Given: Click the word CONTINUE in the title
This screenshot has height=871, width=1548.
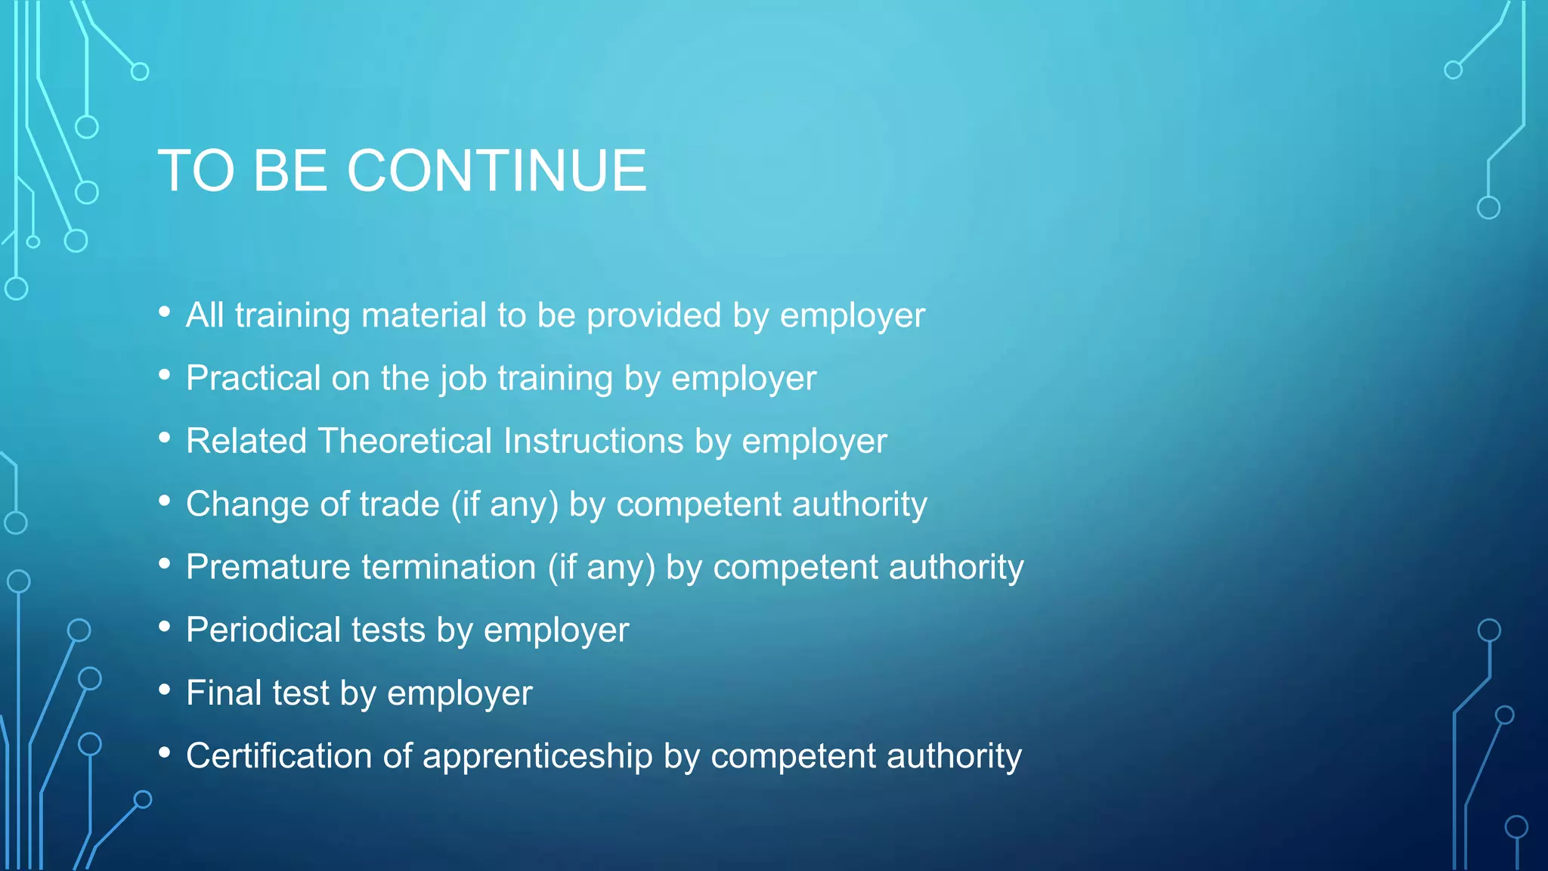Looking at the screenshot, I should (x=497, y=171).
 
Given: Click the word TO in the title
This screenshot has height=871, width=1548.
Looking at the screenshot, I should (x=196, y=171).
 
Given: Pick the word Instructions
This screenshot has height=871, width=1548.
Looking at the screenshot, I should (x=593, y=441).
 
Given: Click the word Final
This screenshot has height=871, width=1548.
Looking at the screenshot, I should (x=224, y=693).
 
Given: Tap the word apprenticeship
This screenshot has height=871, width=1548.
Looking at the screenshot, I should (x=537, y=757).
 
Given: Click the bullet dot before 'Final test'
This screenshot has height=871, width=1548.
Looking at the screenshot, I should (x=165, y=690).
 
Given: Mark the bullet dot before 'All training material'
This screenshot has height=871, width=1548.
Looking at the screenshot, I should (x=165, y=312).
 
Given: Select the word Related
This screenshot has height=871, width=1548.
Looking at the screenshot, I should (x=246, y=441).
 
